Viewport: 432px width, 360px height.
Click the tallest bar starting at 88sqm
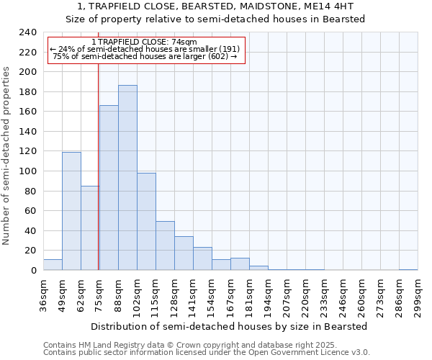tap(127, 178)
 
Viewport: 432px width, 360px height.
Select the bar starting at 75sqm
tap(109, 188)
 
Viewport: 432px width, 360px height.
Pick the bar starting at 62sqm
tap(90, 228)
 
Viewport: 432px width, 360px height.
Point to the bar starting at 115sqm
tap(165, 246)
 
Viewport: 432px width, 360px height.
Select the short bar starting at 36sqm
tap(53, 265)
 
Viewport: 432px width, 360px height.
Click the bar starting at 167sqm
tap(240, 264)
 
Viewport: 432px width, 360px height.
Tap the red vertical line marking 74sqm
tap(98, 180)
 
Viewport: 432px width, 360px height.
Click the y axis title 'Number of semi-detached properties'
tap(7, 156)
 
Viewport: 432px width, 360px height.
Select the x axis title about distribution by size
tap(230, 326)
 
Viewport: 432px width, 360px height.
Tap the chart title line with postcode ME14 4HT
tap(215, 6)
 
